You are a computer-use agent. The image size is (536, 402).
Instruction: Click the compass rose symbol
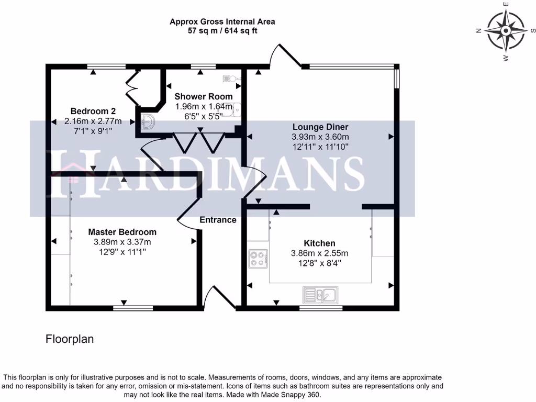point(505,31)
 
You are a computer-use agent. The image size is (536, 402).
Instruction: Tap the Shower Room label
point(204,96)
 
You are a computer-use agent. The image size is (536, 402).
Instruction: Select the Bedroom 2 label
point(93,111)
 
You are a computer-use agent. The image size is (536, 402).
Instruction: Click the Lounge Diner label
point(320,127)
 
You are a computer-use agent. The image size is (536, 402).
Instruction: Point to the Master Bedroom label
point(122,232)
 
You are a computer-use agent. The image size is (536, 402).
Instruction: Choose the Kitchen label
point(319,243)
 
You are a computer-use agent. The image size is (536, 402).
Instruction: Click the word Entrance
point(218,220)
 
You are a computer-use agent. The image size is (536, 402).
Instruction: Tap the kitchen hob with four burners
point(259,258)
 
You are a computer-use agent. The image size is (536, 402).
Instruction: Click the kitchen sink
point(320,295)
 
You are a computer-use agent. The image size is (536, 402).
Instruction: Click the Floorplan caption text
point(70,339)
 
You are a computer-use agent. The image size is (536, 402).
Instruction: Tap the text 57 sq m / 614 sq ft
point(222,31)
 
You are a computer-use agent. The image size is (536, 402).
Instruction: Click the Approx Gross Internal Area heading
point(222,21)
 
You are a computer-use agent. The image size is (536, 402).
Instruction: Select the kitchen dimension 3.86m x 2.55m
point(319,253)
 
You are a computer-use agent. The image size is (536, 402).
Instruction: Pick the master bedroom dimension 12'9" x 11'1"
point(122,252)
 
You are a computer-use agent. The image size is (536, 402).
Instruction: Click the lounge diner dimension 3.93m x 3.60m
point(320,137)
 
